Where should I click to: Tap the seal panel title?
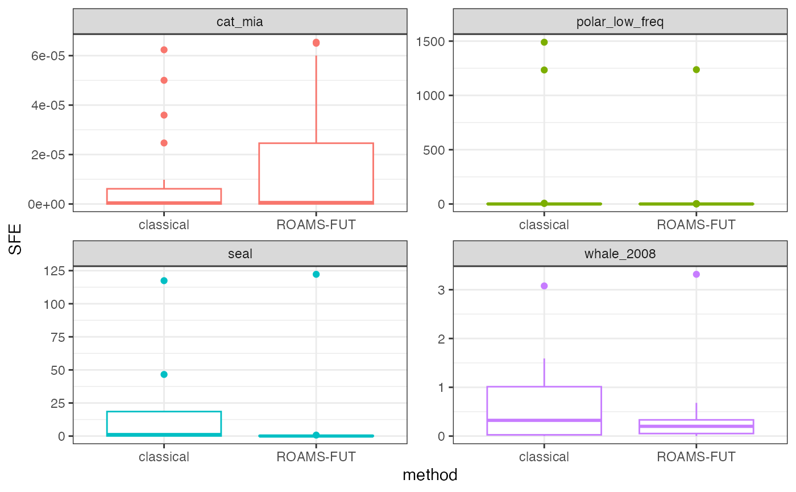pos(240,254)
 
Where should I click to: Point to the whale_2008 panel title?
pos(620,254)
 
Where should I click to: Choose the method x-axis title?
pos(430,474)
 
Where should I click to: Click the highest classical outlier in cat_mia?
pos(164,50)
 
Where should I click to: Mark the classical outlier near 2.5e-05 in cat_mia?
pos(164,143)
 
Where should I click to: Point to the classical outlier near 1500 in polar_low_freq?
pos(544,42)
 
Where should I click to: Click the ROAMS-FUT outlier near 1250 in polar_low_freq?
pos(696,69)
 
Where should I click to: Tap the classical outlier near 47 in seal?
pos(164,374)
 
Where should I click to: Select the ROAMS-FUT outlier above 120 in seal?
pos(316,274)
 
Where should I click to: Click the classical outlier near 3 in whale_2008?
pos(544,286)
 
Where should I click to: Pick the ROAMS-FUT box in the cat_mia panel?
pos(316,171)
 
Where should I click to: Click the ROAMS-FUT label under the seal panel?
pos(316,456)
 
